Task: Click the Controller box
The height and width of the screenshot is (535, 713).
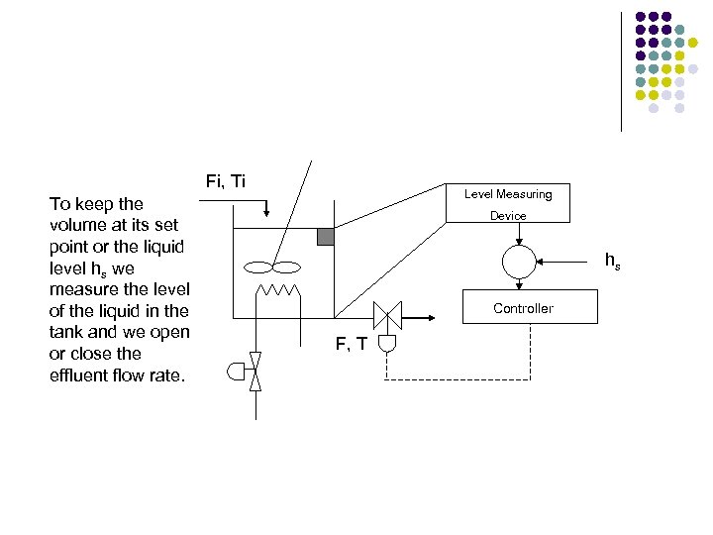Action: click(x=523, y=307)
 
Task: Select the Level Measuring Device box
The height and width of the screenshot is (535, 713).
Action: click(x=508, y=204)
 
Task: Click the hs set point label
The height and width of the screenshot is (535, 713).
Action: click(x=614, y=261)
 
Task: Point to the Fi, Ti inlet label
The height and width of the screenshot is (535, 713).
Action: click(x=225, y=180)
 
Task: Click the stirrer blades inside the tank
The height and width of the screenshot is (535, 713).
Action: click(x=272, y=266)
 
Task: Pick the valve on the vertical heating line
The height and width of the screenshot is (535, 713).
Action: click(x=255, y=372)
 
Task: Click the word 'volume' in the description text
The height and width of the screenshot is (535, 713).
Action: click(x=76, y=225)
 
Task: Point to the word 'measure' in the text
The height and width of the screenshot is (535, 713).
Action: click(x=80, y=288)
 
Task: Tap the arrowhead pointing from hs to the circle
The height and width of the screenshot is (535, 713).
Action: click(x=541, y=262)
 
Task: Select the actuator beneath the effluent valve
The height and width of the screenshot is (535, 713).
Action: click(x=388, y=343)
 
